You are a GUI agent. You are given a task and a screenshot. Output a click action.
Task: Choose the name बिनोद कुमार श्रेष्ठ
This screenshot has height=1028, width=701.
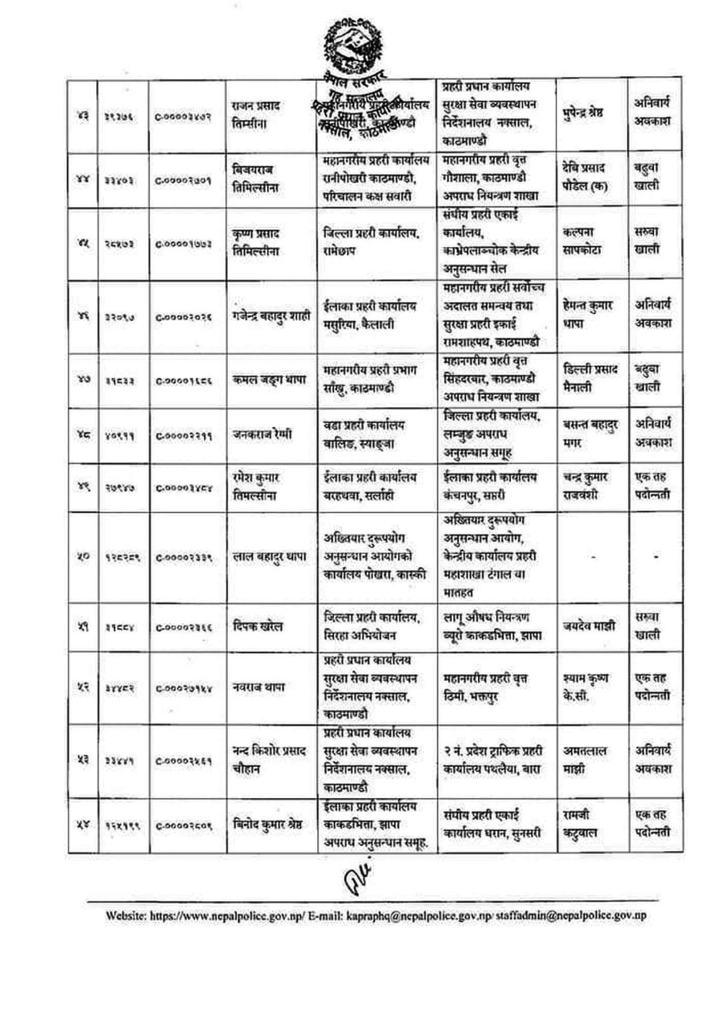click(x=269, y=824)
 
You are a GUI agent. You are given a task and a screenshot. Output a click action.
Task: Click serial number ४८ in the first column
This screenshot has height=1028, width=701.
click(x=82, y=433)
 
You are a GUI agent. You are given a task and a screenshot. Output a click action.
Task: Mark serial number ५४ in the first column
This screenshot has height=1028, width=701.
click(x=82, y=825)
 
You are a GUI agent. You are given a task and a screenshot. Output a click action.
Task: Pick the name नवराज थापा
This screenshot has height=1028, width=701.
click(x=259, y=686)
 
